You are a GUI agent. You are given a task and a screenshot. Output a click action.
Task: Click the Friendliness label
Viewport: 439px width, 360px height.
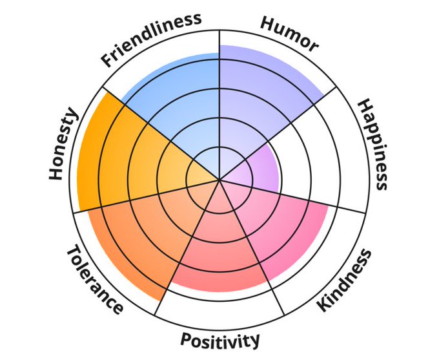[152, 39]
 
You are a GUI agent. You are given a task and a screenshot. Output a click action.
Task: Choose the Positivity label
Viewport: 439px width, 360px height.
[220, 339]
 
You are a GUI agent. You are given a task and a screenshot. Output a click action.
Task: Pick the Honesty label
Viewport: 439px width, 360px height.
[63, 145]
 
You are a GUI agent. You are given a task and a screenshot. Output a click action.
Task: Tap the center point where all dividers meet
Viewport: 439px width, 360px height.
[219, 179]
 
